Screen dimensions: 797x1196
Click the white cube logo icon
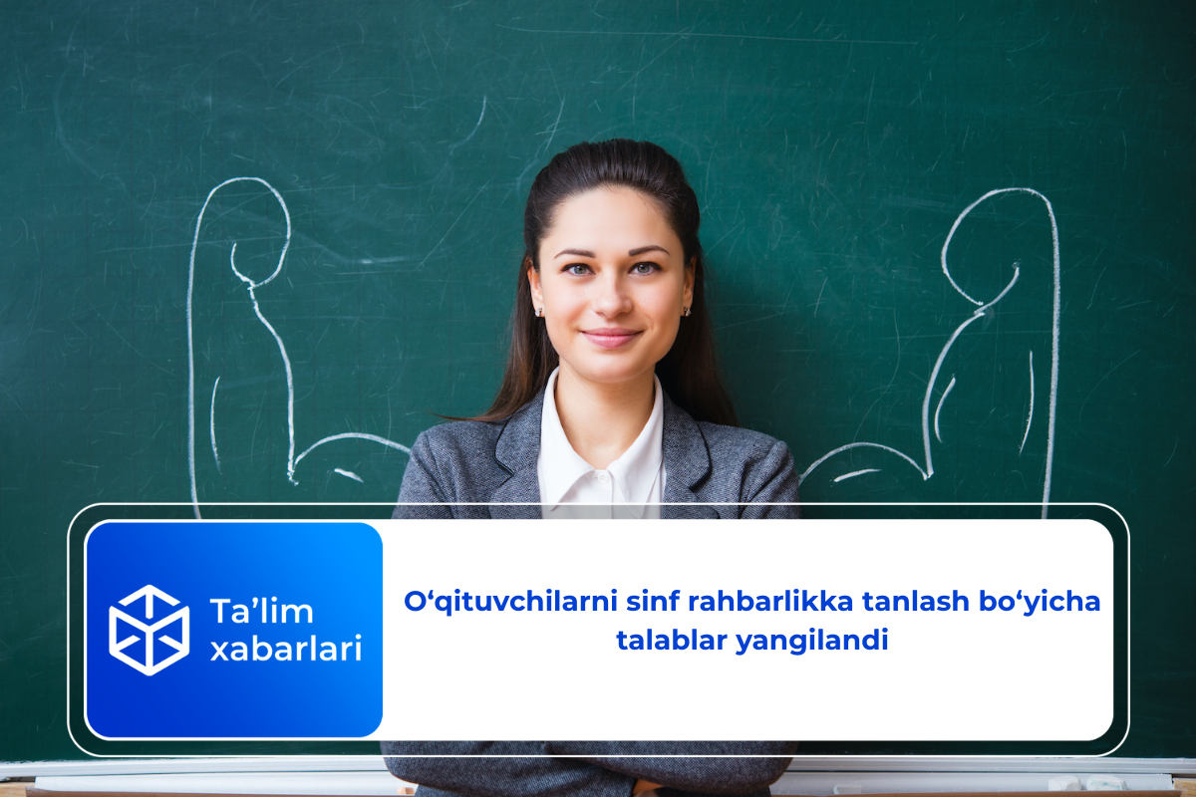coord(149,630)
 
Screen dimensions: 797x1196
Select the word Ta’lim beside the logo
coord(261,611)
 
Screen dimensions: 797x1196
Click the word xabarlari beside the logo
coord(285,650)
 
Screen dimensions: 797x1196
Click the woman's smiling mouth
coord(611,337)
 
